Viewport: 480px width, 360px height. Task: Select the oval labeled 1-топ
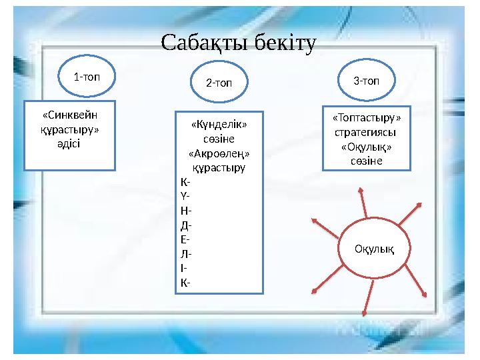87,77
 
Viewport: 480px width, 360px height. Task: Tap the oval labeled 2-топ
219,83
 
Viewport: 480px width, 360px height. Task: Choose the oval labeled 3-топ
366,81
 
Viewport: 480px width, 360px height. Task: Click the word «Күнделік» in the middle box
219,125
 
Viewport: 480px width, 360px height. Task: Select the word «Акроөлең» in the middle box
219,153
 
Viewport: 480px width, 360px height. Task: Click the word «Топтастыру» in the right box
367,118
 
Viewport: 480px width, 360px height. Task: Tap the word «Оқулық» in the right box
366,147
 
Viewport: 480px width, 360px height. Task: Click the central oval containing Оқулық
374,249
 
